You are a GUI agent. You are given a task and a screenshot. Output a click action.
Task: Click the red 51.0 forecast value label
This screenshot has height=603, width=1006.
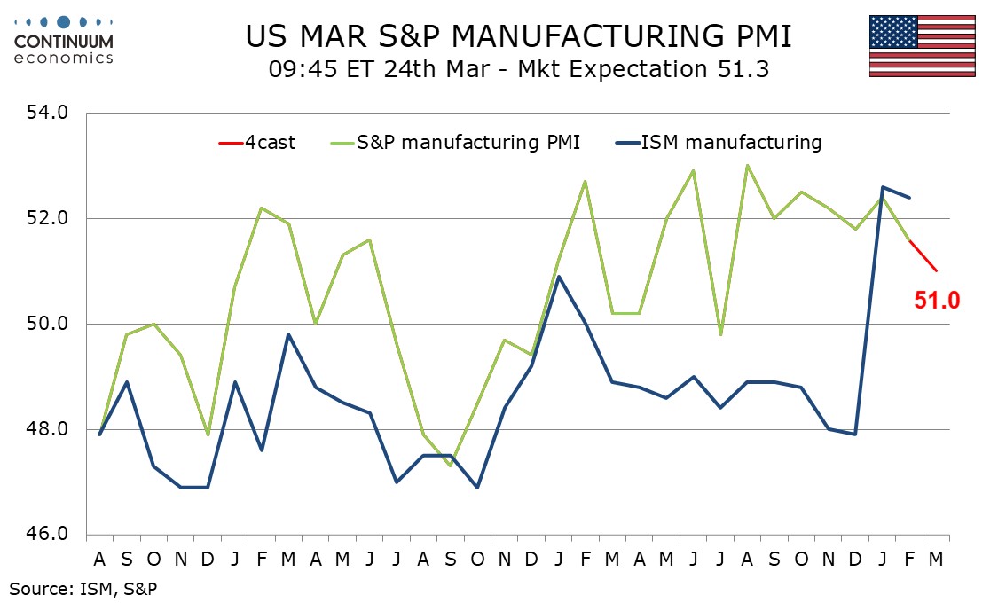point(937,301)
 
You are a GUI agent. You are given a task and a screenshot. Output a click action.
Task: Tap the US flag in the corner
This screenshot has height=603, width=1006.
point(923,46)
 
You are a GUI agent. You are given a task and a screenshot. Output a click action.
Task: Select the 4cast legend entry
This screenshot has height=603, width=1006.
point(257,142)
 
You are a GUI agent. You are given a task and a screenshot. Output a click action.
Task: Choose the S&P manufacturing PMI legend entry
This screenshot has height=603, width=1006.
point(452,142)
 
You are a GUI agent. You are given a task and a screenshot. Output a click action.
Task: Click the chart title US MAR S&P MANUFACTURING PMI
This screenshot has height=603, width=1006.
point(519,36)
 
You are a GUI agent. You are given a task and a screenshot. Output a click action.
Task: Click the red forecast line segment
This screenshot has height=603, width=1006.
point(923,256)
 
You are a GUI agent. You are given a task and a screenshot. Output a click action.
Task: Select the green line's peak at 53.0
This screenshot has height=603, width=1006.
point(747,166)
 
